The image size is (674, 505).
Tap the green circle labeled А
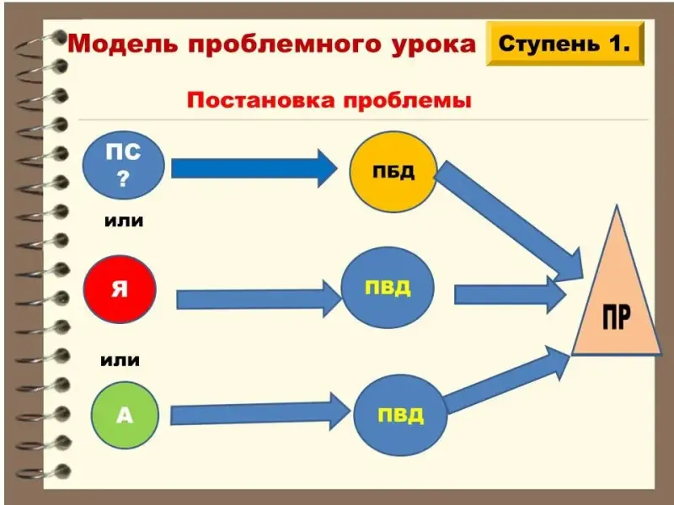click(x=123, y=416)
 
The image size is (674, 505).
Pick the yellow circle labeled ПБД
click(x=393, y=172)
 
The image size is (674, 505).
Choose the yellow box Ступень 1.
click(x=564, y=45)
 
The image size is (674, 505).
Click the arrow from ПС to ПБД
click(x=253, y=168)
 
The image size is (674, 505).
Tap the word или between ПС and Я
click(x=123, y=221)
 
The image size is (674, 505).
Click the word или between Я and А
click(x=120, y=360)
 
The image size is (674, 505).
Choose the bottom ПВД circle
click(x=399, y=416)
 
